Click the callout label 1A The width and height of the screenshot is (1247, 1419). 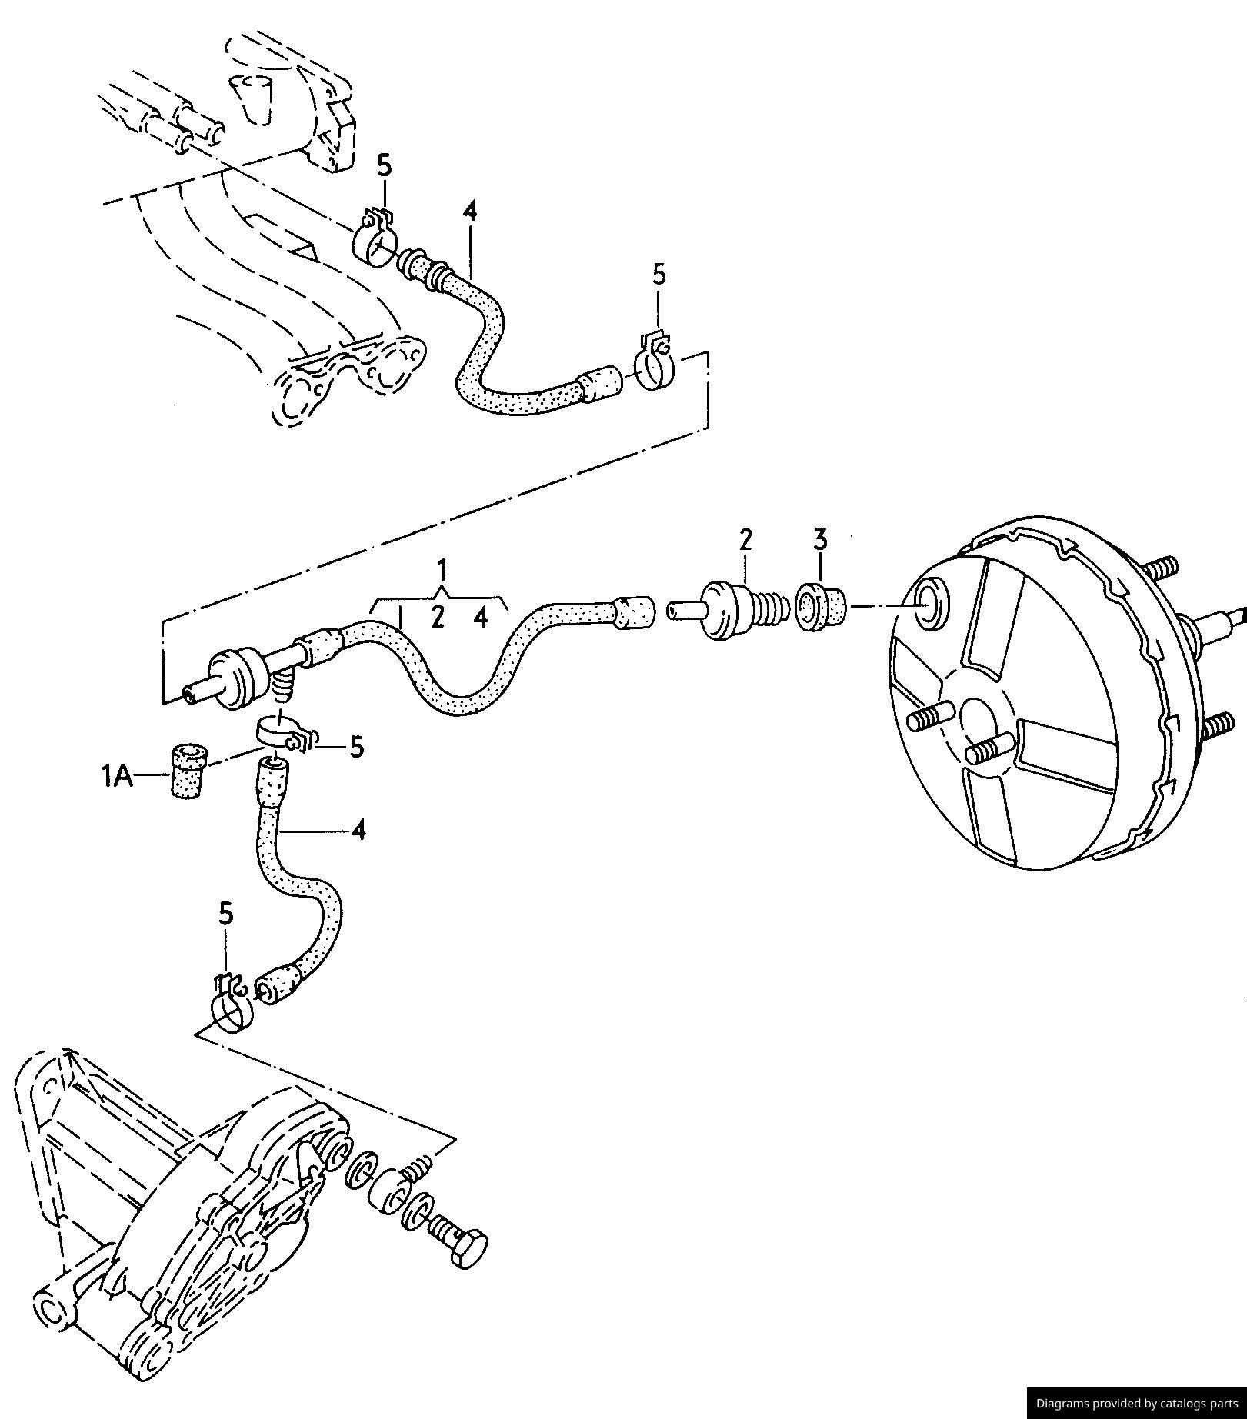[117, 778]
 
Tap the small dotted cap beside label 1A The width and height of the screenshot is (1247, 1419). [188, 771]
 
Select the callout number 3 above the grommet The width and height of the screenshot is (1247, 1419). [821, 539]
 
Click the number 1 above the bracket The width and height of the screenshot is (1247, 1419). [442, 571]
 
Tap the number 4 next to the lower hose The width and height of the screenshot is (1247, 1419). [358, 831]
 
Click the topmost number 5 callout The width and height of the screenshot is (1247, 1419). [384, 165]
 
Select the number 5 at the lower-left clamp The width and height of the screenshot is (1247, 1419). [225, 914]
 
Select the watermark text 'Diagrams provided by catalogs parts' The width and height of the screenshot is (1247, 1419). [1137, 1403]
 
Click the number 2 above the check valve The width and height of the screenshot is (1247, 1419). [745, 540]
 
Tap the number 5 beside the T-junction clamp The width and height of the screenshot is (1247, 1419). [356, 747]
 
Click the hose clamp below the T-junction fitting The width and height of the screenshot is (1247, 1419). [285, 734]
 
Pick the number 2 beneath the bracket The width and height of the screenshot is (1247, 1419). [438, 616]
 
